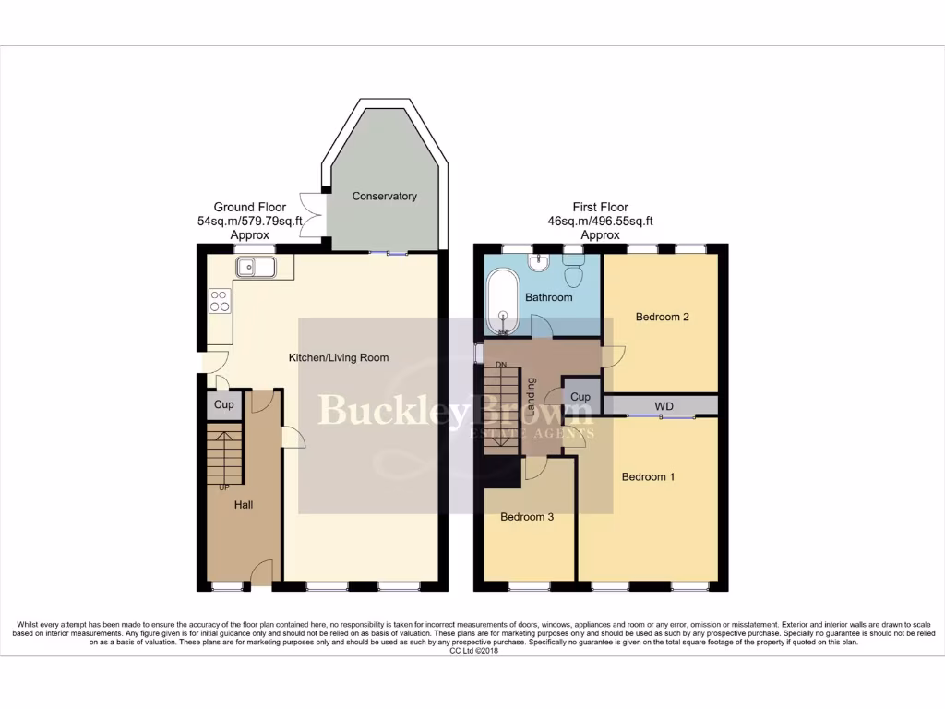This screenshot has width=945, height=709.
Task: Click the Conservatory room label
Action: pos(384,196)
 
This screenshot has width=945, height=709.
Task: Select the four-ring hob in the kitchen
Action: pos(220,300)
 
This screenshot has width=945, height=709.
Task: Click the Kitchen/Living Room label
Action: pos(339,357)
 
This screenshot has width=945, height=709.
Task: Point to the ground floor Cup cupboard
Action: pos(223,404)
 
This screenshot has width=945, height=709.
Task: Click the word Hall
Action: pos(243,505)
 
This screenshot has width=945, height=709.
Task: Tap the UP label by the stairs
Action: pos(223,487)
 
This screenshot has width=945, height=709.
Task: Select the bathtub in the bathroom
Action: pos(503,302)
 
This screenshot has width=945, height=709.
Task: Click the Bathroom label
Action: pos(548,297)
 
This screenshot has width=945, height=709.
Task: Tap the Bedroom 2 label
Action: pos(663,317)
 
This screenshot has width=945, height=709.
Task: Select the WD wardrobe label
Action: pos(664,406)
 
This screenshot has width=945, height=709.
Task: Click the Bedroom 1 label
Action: pos(648,476)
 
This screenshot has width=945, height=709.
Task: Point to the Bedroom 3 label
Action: pos(527,517)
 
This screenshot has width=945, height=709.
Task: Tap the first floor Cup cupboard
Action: pos(580,397)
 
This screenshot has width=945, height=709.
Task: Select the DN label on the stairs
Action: pos(501,365)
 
